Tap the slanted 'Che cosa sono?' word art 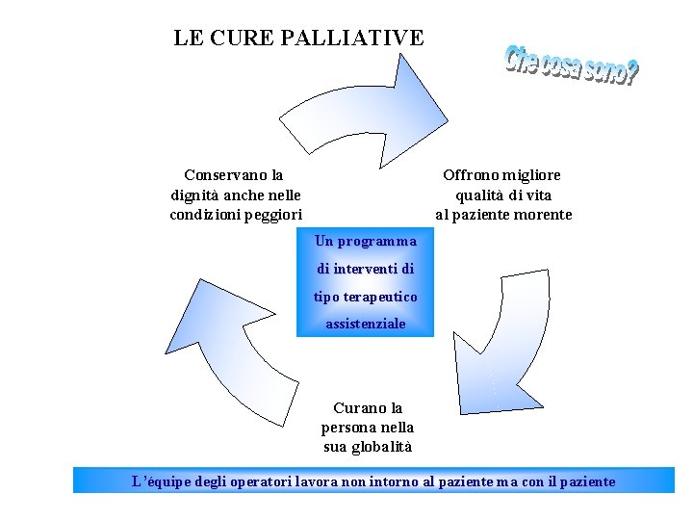[571, 65]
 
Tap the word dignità [195, 195]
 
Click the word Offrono [471, 175]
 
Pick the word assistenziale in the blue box [366, 325]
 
